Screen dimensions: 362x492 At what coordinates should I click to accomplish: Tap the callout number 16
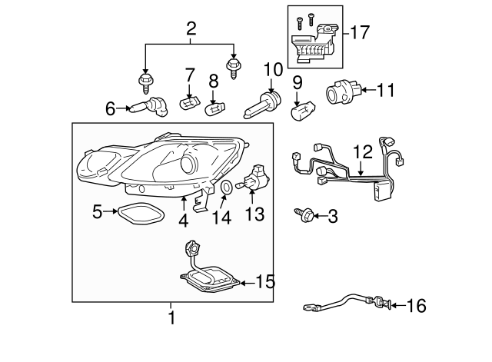point(416,307)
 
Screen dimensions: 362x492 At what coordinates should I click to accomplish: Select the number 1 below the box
point(171,316)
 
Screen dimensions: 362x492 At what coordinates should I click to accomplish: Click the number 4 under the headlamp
point(183,220)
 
